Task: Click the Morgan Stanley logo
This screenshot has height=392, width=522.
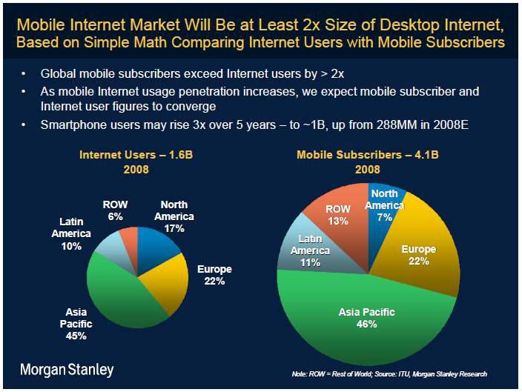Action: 67,368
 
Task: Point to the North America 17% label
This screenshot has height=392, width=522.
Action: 174,216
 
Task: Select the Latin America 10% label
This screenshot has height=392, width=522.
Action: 71,233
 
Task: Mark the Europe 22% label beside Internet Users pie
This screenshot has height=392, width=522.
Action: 215,275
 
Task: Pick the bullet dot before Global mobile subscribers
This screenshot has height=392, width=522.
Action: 26,74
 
